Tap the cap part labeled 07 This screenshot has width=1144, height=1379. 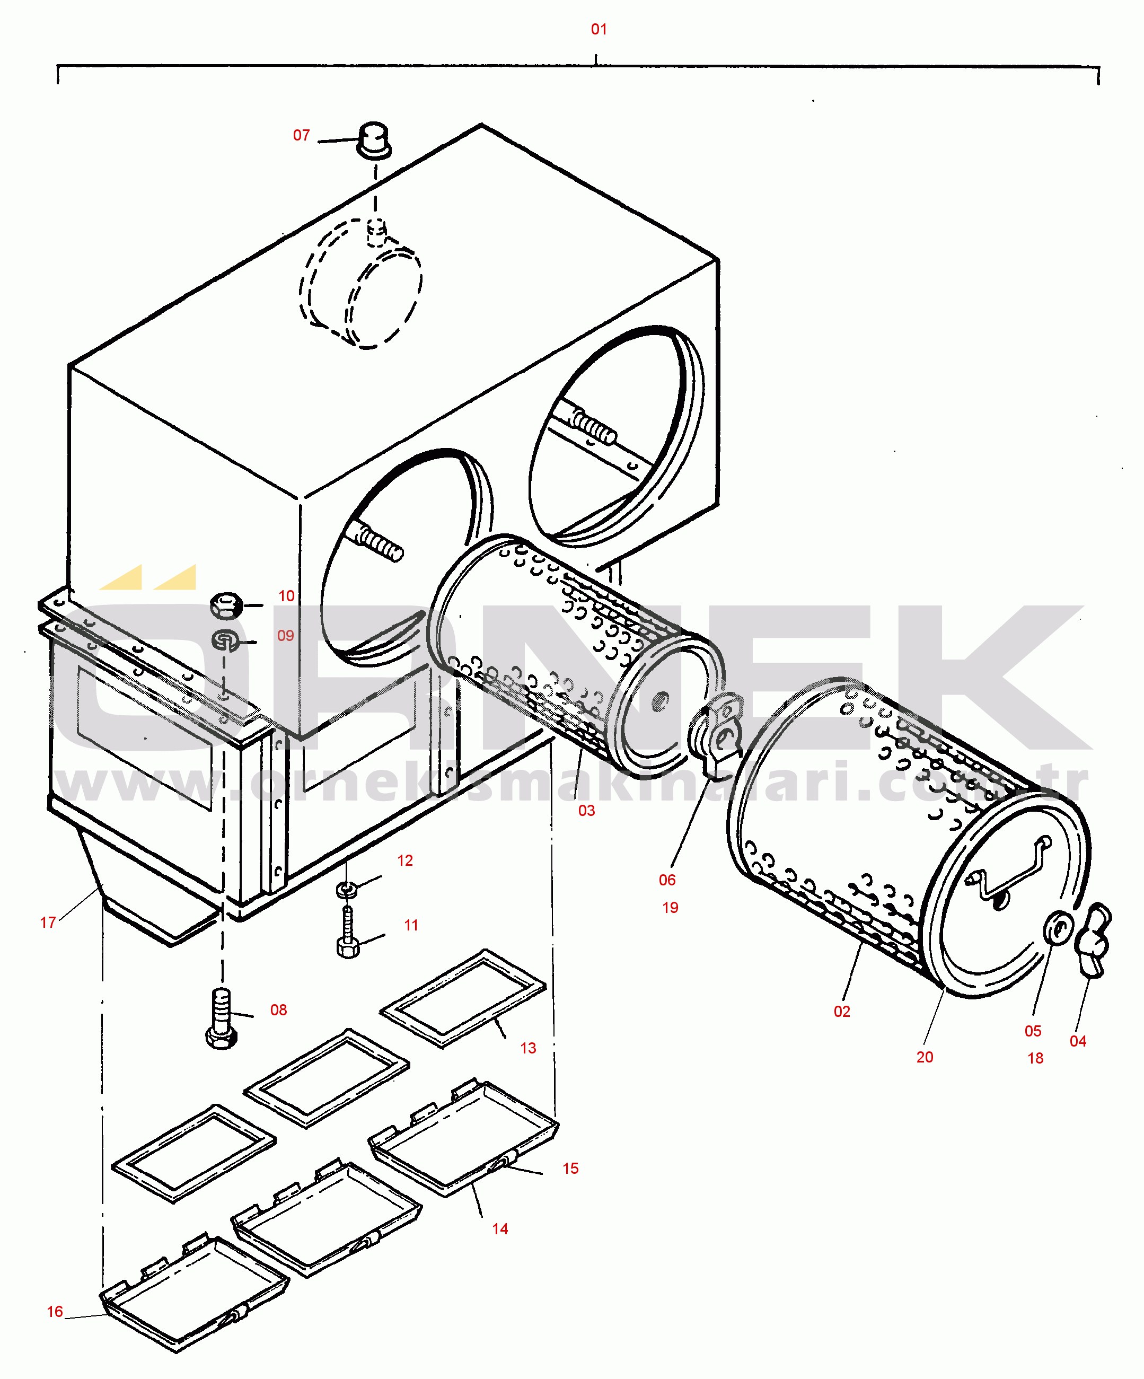click(374, 139)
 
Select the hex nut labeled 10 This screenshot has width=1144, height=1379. click(226, 605)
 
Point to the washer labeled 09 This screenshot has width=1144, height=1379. click(226, 639)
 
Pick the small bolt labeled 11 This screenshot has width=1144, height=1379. click(347, 933)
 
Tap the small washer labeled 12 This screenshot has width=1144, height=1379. click(347, 890)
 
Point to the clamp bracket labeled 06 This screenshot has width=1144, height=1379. click(716, 735)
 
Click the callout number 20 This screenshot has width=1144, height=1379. click(925, 1057)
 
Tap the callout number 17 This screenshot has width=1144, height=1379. click(48, 923)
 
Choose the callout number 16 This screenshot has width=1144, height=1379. click(55, 1311)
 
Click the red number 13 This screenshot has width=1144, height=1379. click(528, 1048)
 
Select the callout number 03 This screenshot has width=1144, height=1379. click(586, 810)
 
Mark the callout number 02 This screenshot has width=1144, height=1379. click(842, 1011)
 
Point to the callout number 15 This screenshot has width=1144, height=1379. click(571, 1168)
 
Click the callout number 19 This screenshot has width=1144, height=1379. click(670, 908)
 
